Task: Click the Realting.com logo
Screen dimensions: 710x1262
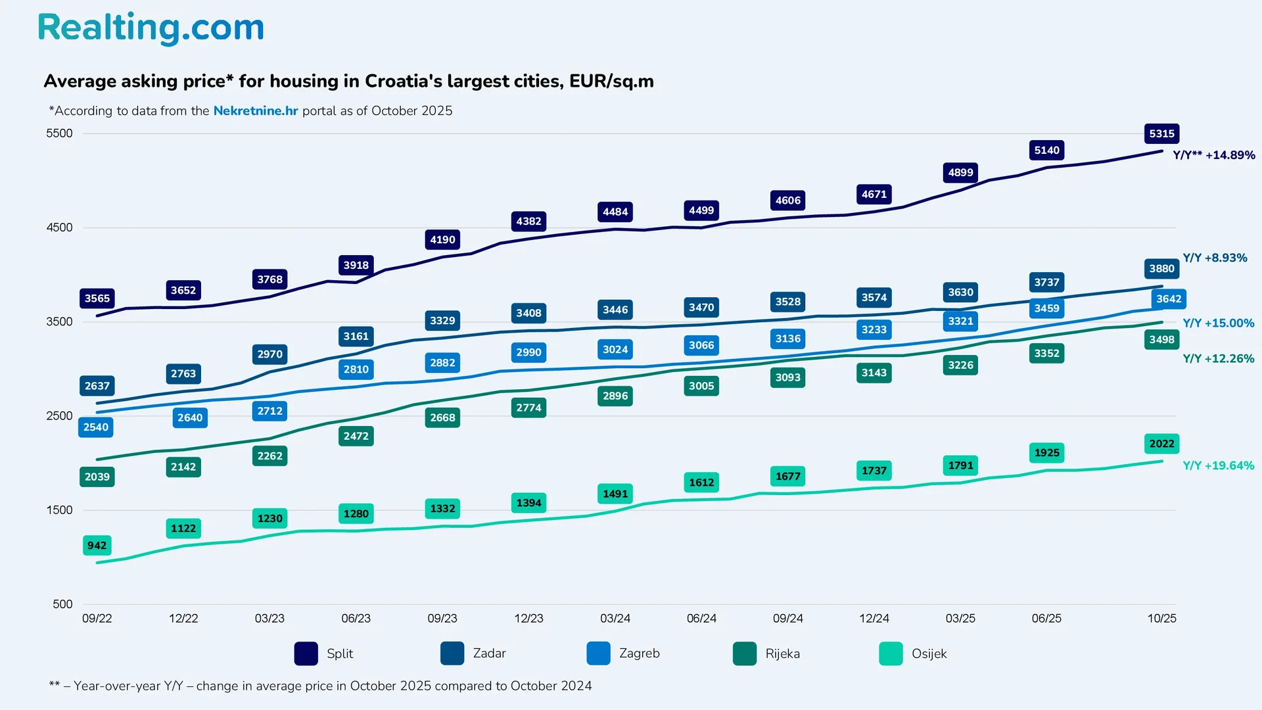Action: tap(151, 28)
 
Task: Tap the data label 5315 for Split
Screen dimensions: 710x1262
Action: tap(1161, 133)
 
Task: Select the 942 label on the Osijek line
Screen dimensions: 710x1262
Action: tap(97, 546)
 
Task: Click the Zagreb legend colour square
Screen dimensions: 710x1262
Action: tap(598, 653)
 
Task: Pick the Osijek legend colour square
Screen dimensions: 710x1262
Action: tap(891, 653)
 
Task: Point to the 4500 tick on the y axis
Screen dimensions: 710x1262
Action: tap(59, 227)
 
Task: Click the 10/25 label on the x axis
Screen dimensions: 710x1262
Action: tap(1161, 619)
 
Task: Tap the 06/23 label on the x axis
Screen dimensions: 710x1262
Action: tap(356, 619)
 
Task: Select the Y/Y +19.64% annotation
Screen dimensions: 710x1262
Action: tap(1218, 465)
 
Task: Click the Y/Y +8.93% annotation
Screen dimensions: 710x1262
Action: tap(1215, 258)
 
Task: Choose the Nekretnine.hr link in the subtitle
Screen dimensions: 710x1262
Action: tap(256, 110)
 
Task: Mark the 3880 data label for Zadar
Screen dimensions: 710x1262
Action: tap(1161, 268)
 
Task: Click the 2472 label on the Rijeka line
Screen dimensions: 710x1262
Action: tap(356, 436)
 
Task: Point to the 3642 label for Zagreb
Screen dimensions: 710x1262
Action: tap(1169, 298)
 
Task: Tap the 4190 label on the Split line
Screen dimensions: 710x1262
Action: tap(442, 240)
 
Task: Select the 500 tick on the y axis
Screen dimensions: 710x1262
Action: tap(62, 604)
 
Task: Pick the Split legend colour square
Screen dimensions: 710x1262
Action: tap(306, 653)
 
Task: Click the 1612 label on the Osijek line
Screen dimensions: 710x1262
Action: tap(701, 483)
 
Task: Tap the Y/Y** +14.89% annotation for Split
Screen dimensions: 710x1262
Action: tap(1213, 155)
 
